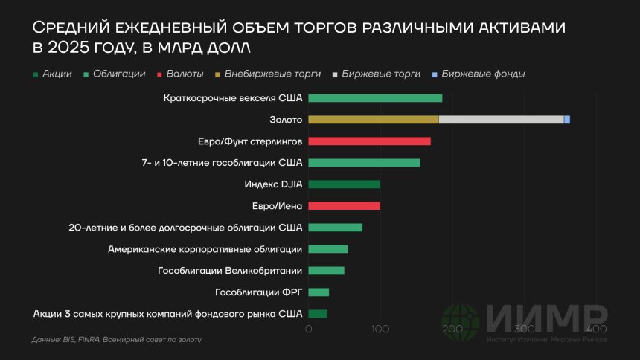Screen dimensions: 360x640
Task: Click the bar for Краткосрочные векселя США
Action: tap(375, 98)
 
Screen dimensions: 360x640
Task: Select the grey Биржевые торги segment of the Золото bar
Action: tap(501, 120)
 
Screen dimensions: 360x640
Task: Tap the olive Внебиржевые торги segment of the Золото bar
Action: tap(373, 120)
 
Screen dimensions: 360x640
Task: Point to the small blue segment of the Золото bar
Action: tap(567, 120)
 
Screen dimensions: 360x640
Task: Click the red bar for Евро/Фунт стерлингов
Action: tap(369, 141)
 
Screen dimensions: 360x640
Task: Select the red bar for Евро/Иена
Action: tap(344, 206)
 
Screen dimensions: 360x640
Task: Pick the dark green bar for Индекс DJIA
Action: tap(344, 184)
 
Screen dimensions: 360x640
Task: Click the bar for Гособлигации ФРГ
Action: tap(319, 292)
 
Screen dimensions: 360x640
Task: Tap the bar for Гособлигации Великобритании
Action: tap(326, 271)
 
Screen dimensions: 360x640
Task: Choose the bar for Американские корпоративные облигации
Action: tap(327, 249)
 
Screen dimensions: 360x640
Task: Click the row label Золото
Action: tap(286, 120)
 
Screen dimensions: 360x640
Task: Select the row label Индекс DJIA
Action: tap(273, 184)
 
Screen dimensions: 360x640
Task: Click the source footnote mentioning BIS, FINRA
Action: tap(117, 340)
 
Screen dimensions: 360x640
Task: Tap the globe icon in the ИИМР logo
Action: tap(461, 322)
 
